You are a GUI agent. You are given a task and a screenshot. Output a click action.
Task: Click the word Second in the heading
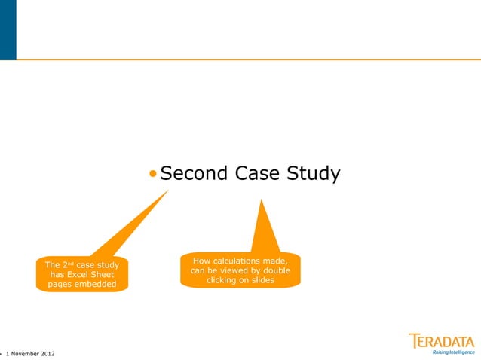click(194, 175)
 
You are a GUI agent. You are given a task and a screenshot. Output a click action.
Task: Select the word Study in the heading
click(314, 175)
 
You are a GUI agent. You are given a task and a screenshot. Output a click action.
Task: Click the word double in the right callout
click(275, 270)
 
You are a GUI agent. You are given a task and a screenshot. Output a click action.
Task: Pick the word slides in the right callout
click(259, 280)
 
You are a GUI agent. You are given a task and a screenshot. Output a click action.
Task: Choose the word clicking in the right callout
click(222, 280)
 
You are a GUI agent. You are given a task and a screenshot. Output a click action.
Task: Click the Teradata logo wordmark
click(442, 340)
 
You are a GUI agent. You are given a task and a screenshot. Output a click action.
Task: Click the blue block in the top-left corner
click(8, 30)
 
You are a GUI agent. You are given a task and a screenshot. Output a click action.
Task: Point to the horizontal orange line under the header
click(249, 59)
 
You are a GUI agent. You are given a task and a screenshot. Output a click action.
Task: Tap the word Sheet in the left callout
click(103, 275)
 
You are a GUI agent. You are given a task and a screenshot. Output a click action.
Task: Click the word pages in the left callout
click(60, 285)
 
